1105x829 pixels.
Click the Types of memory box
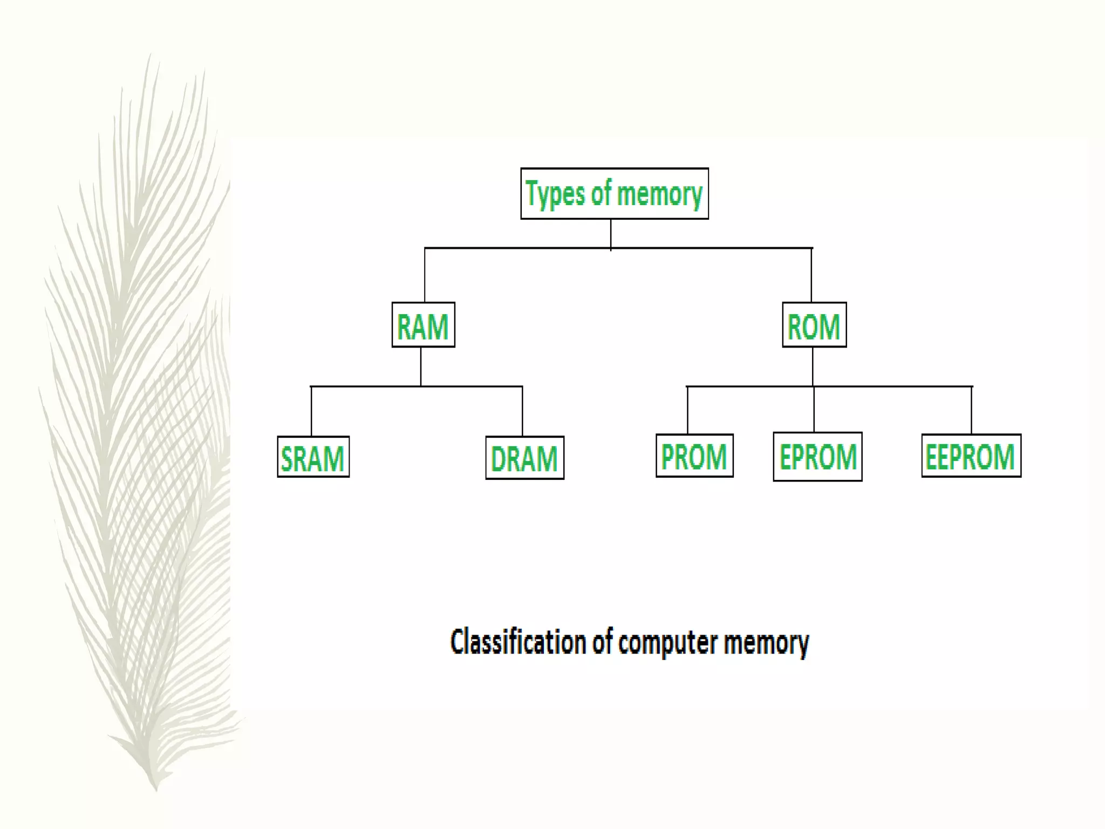coord(614,193)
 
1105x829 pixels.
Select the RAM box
coord(423,325)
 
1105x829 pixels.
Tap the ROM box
coord(814,325)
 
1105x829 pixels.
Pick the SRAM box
coord(313,457)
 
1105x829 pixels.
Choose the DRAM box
coord(524,458)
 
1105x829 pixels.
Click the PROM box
coord(694,456)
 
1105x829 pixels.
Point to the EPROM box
coord(817,457)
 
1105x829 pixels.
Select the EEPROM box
coord(971,456)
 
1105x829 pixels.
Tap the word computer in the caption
coord(667,643)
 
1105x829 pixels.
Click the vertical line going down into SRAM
coord(311,411)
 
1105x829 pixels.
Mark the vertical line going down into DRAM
coord(522,411)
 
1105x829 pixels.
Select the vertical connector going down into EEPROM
coord(972,410)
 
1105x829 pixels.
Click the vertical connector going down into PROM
coord(687,410)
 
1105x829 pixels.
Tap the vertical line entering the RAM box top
coord(425,275)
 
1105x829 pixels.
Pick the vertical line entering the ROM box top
coord(811,275)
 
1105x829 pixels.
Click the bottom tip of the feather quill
coord(156,789)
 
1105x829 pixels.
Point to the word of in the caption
coord(603,642)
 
